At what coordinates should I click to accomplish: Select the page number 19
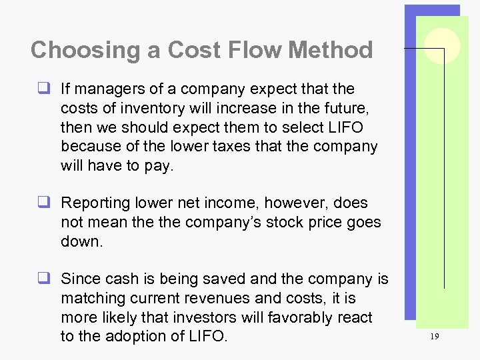[x=435, y=337]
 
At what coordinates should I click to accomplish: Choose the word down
[x=81, y=241]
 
